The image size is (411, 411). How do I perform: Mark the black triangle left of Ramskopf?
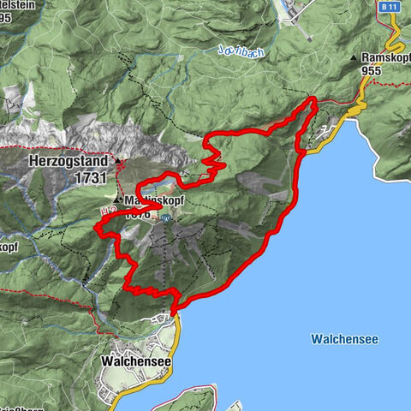tap(354, 57)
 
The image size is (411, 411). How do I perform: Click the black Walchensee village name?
tap(136, 362)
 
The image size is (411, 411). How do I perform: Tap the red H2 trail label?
tap(108, 211)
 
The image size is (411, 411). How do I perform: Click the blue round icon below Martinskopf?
tap(166, 217)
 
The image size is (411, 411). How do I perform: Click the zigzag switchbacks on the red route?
tap(212, 155)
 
